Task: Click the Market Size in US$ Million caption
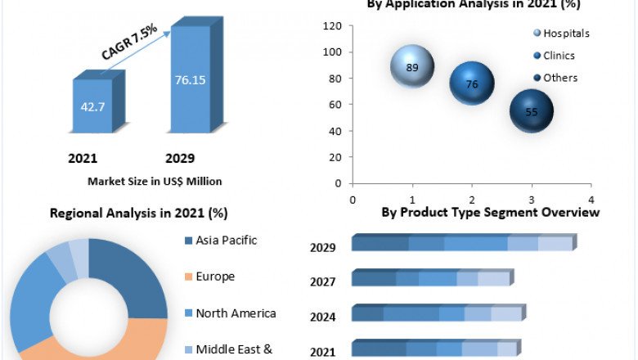tap(155, 182)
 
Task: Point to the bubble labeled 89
tap(412, 67)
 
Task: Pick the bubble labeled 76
tap(472, 83)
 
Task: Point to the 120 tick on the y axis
tap(331, 26)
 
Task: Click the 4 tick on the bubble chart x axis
tap(591, 200)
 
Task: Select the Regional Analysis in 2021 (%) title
tap(139, 214)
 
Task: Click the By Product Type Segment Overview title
tap(490, 213)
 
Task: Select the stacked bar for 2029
tap(463, 243)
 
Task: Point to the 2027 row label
tap(322, 281)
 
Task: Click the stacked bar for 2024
tap(438, 313)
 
